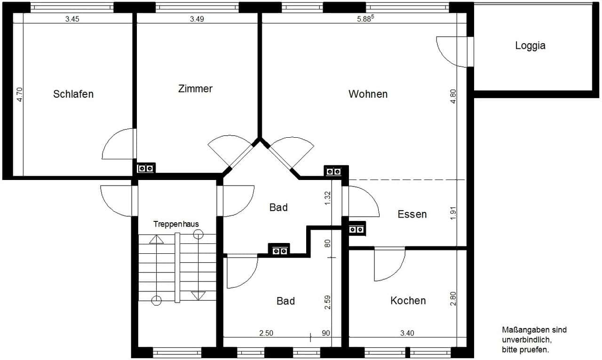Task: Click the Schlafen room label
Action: point(73,94)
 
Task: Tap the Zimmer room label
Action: point(195,89)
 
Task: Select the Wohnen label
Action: point(368,94)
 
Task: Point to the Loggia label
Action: point(530,46)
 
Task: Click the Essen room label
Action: point(412,214)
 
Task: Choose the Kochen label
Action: point(408,301)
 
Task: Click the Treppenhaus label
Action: point(176,224)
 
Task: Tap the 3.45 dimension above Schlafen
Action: point(72,19)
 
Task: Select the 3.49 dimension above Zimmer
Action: point(197,19)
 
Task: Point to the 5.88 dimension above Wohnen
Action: point(365,18)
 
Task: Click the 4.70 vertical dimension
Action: point(20,94)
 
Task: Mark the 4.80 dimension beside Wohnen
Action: point(453,96)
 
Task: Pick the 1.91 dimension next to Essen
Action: point(453,213)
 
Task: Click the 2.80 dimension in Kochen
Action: point(453,298)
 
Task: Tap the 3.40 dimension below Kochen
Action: point(407,333)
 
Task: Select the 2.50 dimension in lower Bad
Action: point(266,333)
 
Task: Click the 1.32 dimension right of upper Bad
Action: point(327,198)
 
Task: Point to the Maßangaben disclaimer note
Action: point(534,340)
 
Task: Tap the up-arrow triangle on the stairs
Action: point(157,239)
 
